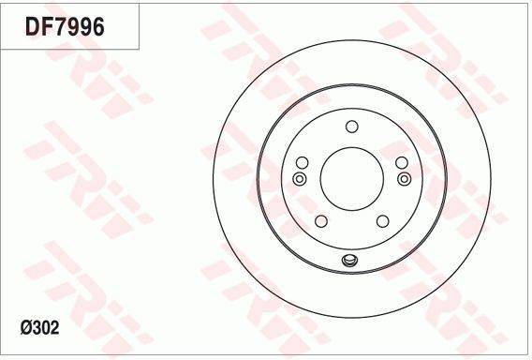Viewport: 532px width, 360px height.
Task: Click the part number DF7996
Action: [65, 27]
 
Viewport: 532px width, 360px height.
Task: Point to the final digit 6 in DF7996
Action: [96, 27]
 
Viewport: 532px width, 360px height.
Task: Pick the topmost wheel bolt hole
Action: [351, 127]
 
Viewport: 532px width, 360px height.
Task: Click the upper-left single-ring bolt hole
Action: [302, 162]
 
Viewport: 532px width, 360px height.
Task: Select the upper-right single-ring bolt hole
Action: [401, 162]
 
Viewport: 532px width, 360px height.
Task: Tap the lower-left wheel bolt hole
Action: [320, 221]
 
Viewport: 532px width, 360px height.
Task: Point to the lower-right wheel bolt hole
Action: [382, 221]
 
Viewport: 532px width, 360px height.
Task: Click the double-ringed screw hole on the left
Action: [300, 178]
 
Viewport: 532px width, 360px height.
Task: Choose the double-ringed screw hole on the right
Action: [403, 178]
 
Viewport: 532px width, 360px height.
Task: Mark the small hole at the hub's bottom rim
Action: [351, 262]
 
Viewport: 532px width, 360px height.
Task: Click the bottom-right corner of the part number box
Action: [140, 49]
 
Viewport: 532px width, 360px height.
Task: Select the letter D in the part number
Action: [31, 27]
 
